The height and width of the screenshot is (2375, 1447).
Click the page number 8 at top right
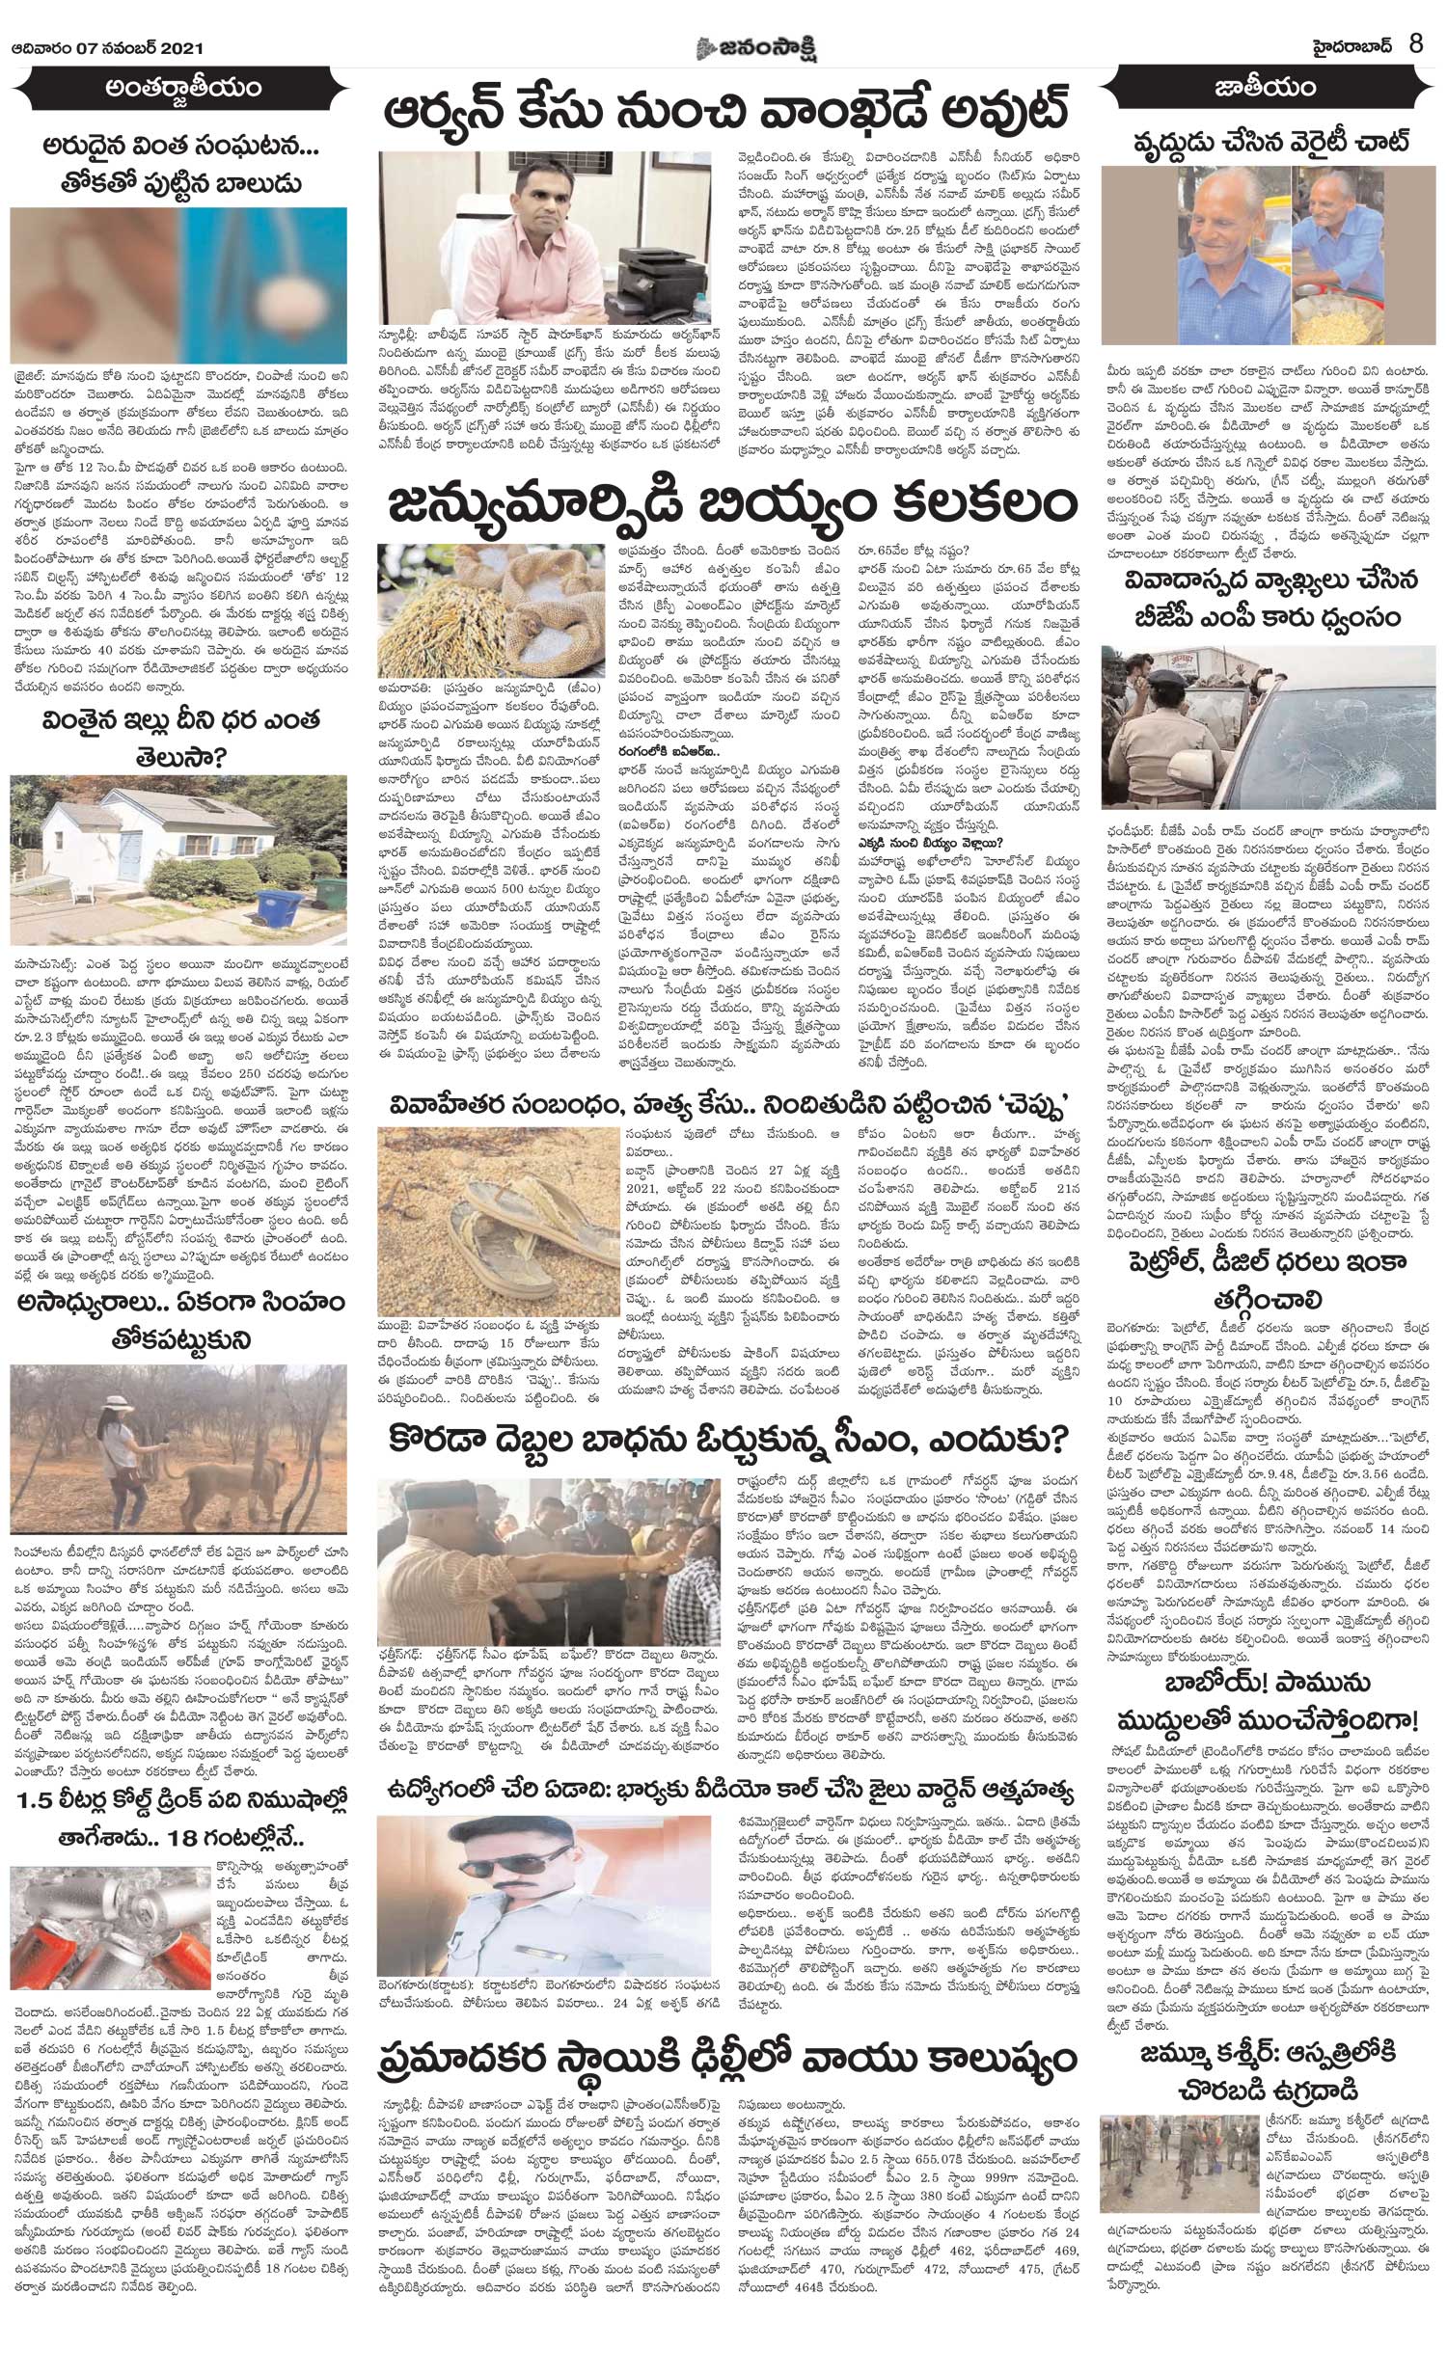(x=1416, y=19)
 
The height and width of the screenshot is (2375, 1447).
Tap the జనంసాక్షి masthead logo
(x=721, y=20)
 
